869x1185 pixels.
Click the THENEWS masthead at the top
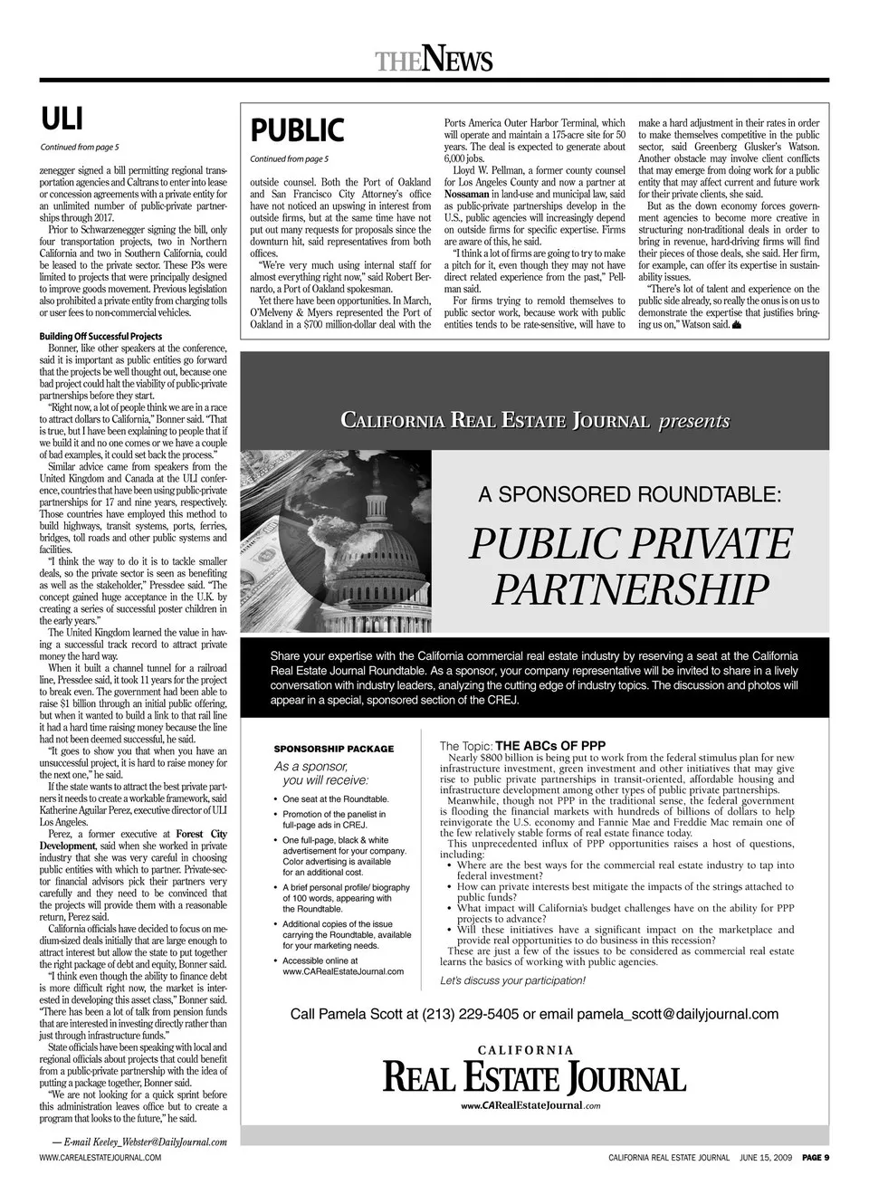434,61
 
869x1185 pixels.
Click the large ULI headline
62,119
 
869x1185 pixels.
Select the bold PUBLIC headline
297,131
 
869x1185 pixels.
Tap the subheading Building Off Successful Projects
100,337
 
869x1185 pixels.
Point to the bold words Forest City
202,833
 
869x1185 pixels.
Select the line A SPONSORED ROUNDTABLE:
629,494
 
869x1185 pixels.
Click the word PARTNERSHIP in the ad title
629,589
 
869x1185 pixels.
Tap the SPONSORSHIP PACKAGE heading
334,749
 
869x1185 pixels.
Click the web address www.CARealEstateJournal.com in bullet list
343,971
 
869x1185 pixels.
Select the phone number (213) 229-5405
470,1014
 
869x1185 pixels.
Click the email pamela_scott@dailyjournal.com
677,1014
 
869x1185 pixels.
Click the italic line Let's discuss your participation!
512,980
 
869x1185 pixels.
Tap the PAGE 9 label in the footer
815,1157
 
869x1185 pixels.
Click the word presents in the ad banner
693,421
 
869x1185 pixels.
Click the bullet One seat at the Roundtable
336,799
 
